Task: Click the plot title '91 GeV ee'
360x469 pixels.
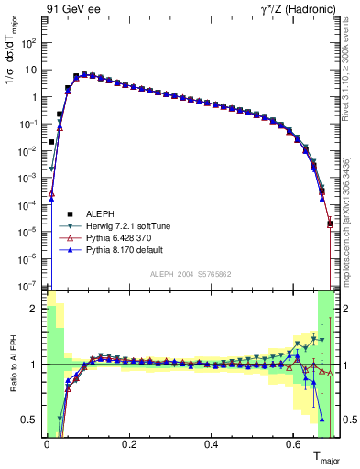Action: [x=72, y=10]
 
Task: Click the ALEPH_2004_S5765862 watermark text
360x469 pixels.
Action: [x=191, y=274]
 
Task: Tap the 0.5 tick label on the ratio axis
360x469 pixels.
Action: [x=33, y=420]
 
